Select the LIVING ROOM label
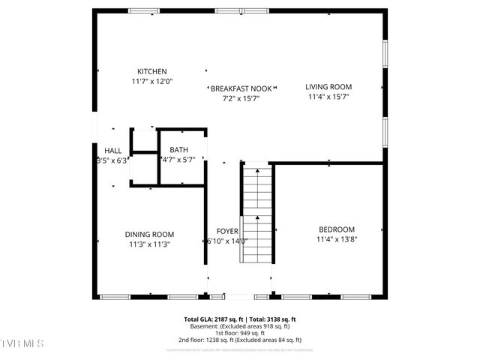click(328, 86)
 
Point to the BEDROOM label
click(337, 229)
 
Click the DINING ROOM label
click(149, 234)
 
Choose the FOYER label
click(227, 231)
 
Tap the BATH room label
click(178, 150)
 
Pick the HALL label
click(113, 150)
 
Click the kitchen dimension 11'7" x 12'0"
click(152, 81)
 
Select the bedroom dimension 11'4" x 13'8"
click(337, 239)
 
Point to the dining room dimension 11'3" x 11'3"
click(149, 244)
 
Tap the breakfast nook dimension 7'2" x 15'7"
click(240, 97)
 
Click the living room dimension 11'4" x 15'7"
click(328, 96)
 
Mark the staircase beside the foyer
click(256, 214)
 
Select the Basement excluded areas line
click(240, 326)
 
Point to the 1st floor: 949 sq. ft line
click(240, 333)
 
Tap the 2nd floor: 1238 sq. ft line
click(240, 340)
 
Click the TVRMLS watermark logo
click(22, 343)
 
